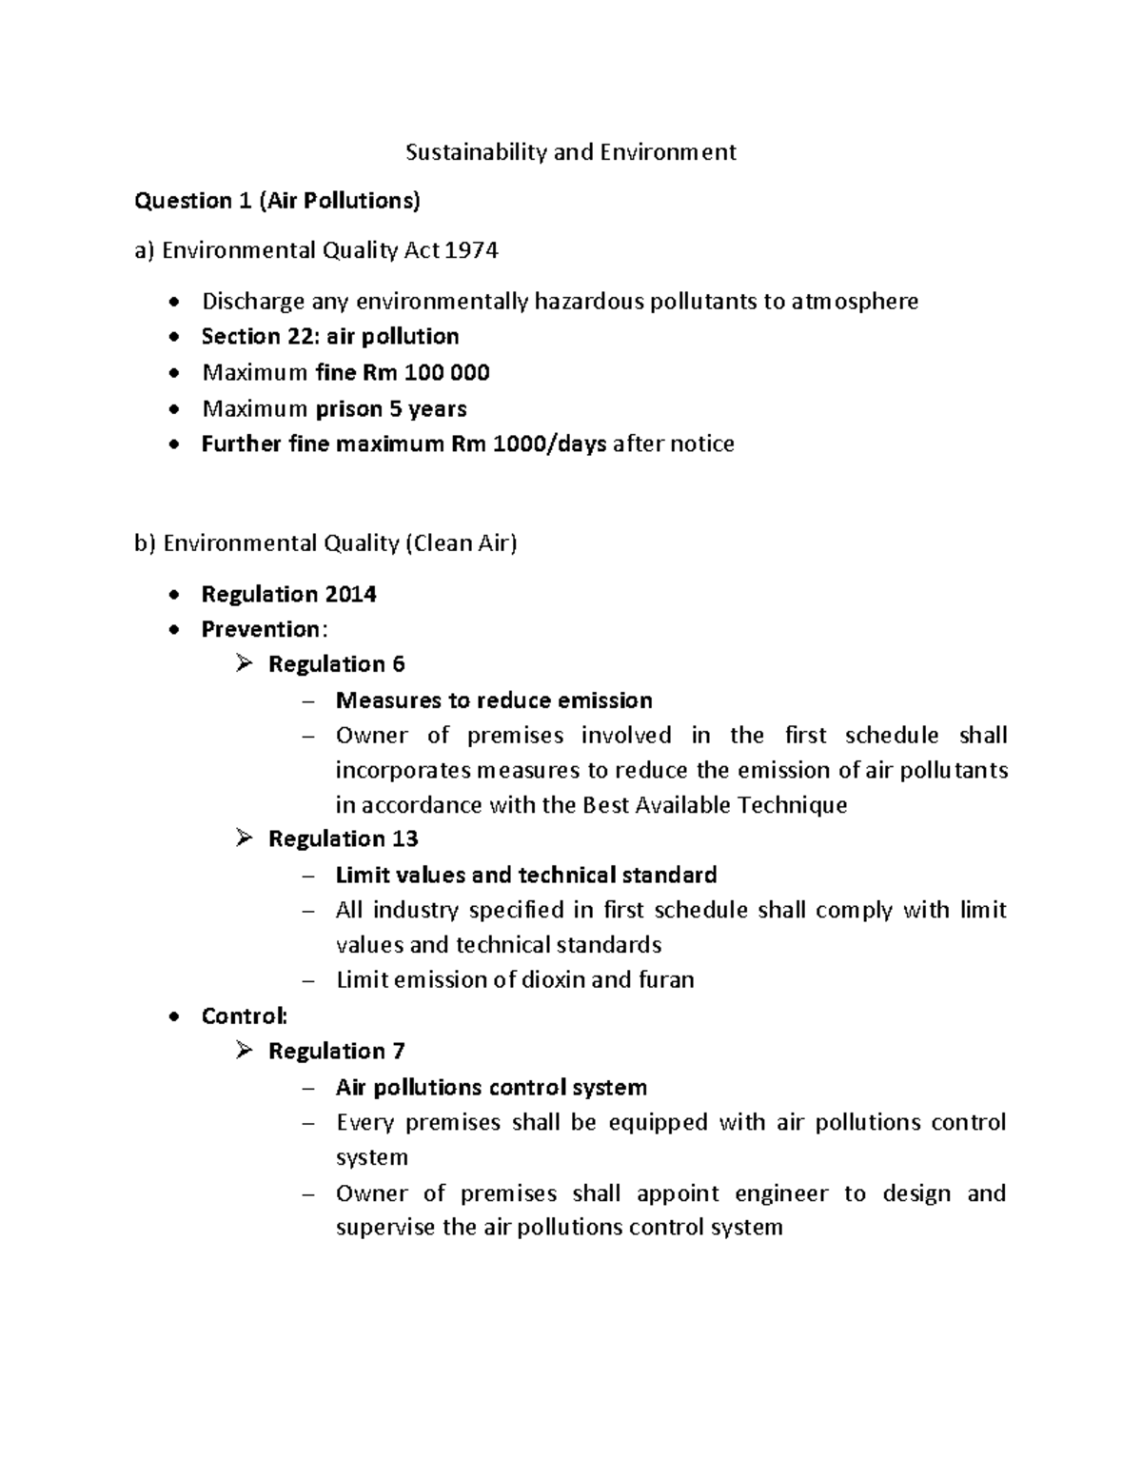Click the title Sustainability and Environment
point(570,152)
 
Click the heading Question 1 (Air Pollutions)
point(277,201)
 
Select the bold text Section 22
point(240,337)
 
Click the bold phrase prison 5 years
point(390,409)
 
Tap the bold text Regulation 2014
point(288,595)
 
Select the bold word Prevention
point(261,630)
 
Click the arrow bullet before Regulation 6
point(245,664)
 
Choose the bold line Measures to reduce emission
point(494,701)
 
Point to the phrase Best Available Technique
point(714,805)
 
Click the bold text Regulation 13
point(343,839)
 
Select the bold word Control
point(243,1016)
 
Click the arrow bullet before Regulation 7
point(245,1051)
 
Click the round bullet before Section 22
point(172,338)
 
